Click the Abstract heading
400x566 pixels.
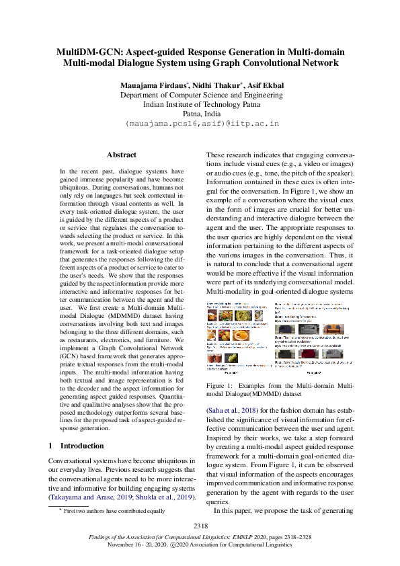coord(121,155)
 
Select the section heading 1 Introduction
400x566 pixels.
coord(77,446)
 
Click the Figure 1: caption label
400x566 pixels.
coord(220,385)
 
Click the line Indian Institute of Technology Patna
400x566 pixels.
coord(201,105)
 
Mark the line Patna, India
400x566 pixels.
coord(201,114)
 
